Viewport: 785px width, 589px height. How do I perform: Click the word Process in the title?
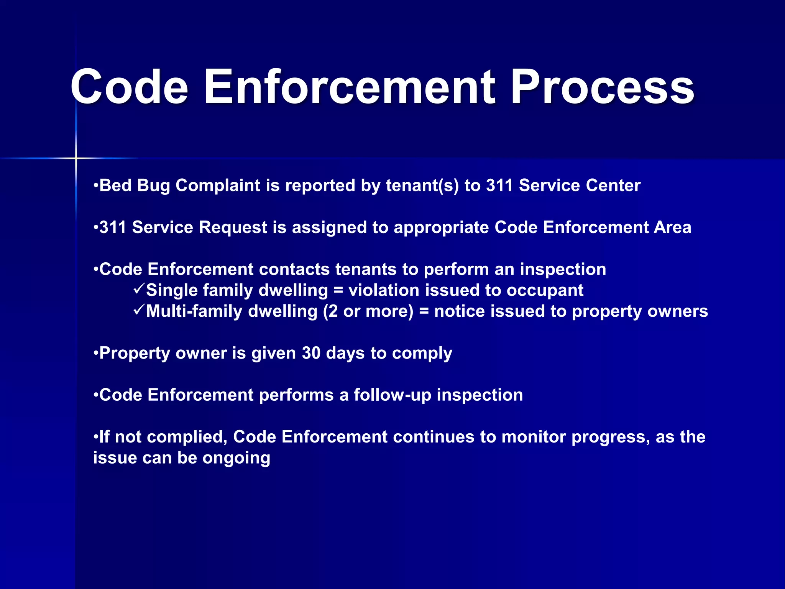point(602,87)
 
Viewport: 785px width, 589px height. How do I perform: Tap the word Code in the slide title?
point(129,87)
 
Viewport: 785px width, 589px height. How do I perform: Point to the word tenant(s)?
point(422,186)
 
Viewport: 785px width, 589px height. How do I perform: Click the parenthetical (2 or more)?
point(368,311)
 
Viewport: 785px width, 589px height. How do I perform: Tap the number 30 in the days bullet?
point(311,353)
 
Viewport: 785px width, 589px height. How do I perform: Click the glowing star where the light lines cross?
point(76,158)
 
